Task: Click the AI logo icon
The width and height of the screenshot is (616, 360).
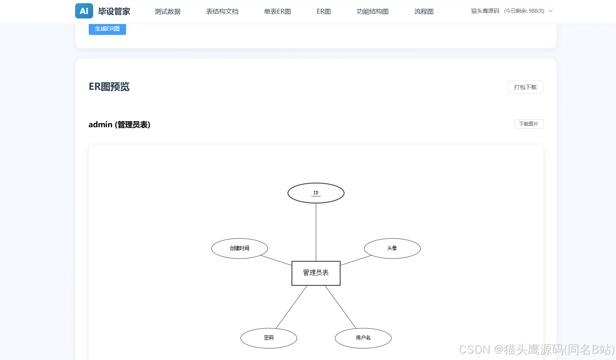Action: click(x=84, y=11)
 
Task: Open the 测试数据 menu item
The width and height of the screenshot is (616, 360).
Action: click(x=167, y=12)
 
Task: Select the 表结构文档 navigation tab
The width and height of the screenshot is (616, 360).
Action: click(x=222, y=12)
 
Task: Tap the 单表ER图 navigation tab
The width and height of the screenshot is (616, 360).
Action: click(x=277, y=12)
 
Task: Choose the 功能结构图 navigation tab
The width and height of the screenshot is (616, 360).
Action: click(x=372, y=12)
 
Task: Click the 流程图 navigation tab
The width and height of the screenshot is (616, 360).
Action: click(x=424, y=12)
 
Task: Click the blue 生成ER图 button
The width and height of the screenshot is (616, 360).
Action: click(x=107, y=29)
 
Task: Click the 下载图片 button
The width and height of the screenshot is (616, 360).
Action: click(x=528, y=124)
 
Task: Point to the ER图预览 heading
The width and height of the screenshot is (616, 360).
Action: click(x=109, y=87)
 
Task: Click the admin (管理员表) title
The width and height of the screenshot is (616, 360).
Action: click(x=119, y=125)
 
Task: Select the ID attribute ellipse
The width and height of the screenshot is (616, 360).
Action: click(x=316, y=193)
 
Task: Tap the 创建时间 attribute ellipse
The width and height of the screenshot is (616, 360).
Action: click(x=240, y=248)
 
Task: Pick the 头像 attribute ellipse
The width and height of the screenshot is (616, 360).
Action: click(x=392, y=248)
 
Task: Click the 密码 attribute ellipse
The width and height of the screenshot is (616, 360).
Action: click(x=269, y=338)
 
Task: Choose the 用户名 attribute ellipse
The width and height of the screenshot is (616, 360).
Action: click(x=363, y=338)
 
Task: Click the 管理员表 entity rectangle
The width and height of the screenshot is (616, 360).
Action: click(x=316, y=273)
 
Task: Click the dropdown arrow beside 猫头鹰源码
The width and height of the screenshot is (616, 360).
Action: click(x=551, y=11)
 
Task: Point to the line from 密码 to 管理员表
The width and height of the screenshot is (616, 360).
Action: click(x=292, y=307)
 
